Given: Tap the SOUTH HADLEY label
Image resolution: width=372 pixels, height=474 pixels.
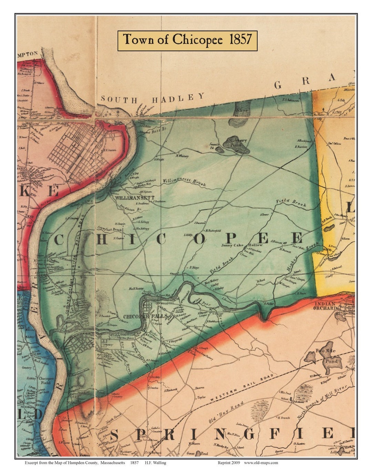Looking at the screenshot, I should point(153,98).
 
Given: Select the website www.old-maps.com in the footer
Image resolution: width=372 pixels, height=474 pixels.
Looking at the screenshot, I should point(261,463).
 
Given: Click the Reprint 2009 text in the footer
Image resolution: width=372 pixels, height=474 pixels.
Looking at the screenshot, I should point(229,463).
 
